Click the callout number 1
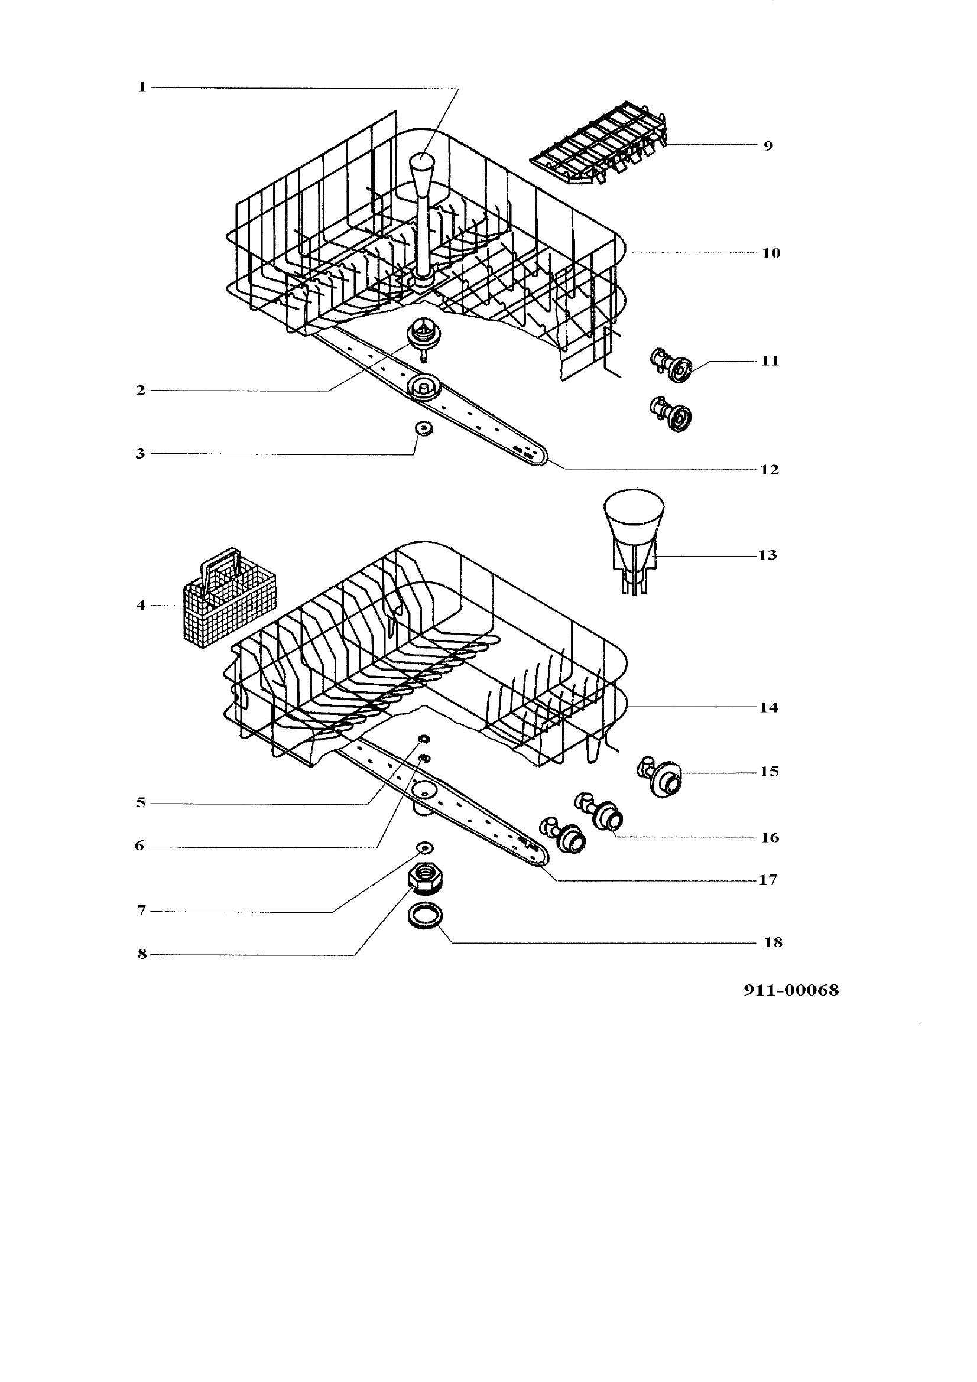(141, 87)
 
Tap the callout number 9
(768, 147)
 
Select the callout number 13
(768, 555)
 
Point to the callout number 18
(773, 942)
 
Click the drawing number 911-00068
(791, 990)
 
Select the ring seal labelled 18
(426, 917)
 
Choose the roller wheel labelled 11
(673, 365)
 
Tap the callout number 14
(768, 708)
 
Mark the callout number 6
(139, 846)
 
